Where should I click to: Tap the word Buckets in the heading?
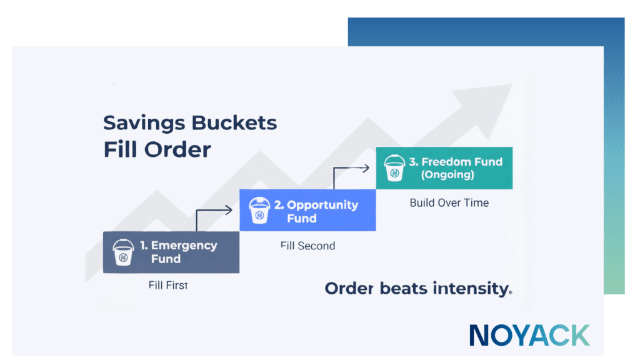tap(234, 122)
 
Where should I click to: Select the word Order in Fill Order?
tap(177, 149)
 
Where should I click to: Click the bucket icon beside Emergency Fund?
tap(123, 252)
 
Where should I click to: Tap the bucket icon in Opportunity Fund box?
tap(259, 210)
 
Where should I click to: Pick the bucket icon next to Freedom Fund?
tap(395, 167)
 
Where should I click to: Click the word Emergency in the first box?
tap(184, 245)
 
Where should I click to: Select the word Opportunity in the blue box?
tap(322, 205)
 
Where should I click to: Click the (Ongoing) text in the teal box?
tap(447, 175)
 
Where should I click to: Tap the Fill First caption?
tap(168, 285)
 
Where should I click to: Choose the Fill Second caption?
tap(307, 246)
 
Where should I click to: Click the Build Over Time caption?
tap(449, 203)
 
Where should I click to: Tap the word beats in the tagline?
tap(404, 288)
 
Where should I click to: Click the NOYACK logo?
tap(530, 335)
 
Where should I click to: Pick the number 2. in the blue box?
tap(279, 205)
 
